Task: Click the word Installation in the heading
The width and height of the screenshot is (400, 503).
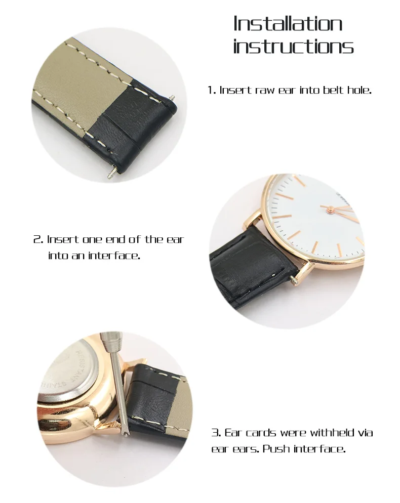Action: pos(288,24)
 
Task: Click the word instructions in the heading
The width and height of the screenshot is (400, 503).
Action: pos(293,47)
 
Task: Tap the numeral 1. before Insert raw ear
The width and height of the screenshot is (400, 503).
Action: pos(212,91)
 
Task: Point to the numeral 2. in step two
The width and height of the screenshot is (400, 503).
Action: pos(38,239)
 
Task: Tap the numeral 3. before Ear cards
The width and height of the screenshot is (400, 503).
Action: pos(216,433)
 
